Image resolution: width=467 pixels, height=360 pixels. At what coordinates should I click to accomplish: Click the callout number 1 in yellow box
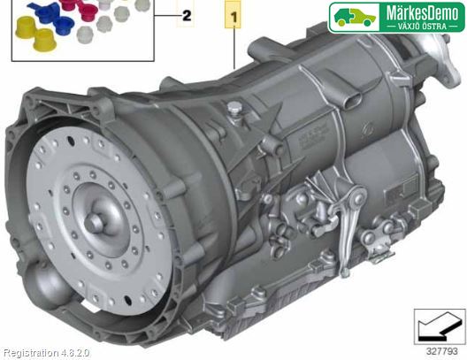(234, 17)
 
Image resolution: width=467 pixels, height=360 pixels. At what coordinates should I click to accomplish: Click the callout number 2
(187, 16)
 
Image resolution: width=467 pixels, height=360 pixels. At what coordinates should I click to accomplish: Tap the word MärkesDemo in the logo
(422, 13)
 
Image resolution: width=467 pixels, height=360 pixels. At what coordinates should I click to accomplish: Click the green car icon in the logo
(354, 17)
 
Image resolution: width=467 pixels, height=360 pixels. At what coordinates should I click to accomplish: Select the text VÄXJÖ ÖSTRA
(422, 27)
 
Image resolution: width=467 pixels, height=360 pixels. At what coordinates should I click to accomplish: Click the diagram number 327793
(441, 351)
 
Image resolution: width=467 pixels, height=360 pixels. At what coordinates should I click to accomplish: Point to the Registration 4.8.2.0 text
(46, 353)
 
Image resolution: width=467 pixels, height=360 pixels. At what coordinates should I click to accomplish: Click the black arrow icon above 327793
(439, 327)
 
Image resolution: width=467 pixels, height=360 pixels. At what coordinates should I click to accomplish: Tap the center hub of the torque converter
(93, 223)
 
